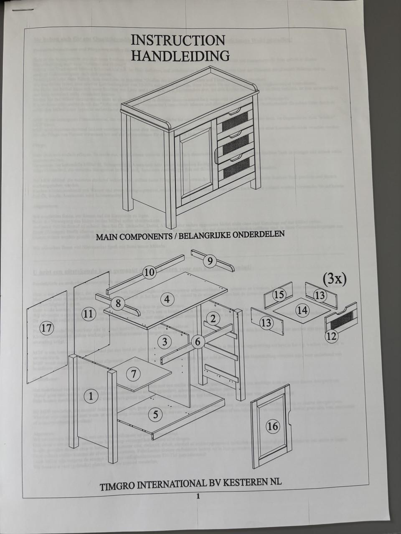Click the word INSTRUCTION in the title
tap(178, 40)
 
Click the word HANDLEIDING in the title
tap(180, 55)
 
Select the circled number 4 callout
tap(167, 299)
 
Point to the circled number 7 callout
tap(133, 374)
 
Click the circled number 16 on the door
tap(272, 426)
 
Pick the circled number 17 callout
tap(47, 328)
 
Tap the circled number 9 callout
tap(210, 262)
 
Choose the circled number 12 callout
tap(331, 336)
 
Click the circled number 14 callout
tap(302, 310)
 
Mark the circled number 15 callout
tap(279, 295)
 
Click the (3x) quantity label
tap(334, 279)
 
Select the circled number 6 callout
tap(198, 342)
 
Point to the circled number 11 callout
tap(88, 314)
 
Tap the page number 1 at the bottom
tap(198, 496)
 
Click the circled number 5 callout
tap(155, 414)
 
